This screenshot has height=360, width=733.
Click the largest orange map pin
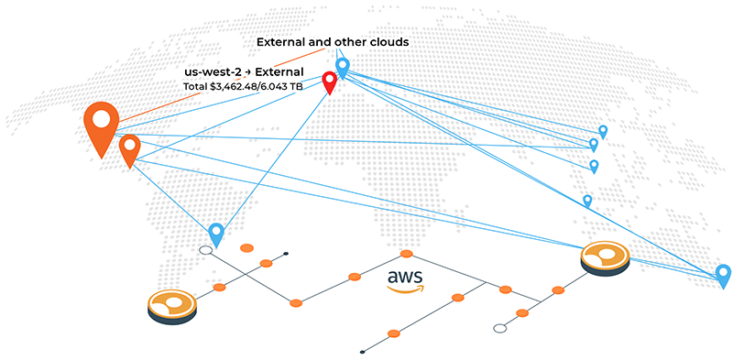[x=101, y=123]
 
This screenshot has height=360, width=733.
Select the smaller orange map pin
[x=129, y=147]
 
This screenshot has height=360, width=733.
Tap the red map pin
[x=329, y=80]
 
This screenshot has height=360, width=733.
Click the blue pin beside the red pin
[x=343, y=66]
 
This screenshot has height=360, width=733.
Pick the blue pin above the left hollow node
[x=216, y=233]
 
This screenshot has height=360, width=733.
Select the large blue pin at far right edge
[x=723, y=274]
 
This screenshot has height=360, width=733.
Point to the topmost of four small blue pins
[x=602, y=131]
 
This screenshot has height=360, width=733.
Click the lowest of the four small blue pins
[x=587, y=199]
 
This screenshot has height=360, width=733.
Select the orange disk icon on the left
[x=172, y=306]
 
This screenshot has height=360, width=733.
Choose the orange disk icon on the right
[x=606, y=257]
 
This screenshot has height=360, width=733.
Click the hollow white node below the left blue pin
[x=206, y=249]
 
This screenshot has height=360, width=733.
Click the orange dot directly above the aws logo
[x=406, y=253]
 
